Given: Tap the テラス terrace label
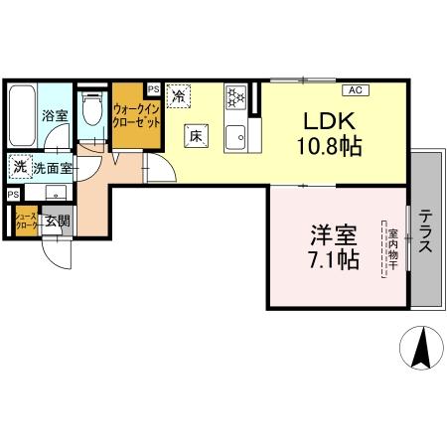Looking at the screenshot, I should [425, 230].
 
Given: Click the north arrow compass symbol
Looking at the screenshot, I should [419, 348].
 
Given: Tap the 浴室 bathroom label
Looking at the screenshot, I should [54, 116].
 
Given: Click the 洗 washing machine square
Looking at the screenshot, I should [19, 167].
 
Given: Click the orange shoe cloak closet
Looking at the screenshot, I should [25, 223].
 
